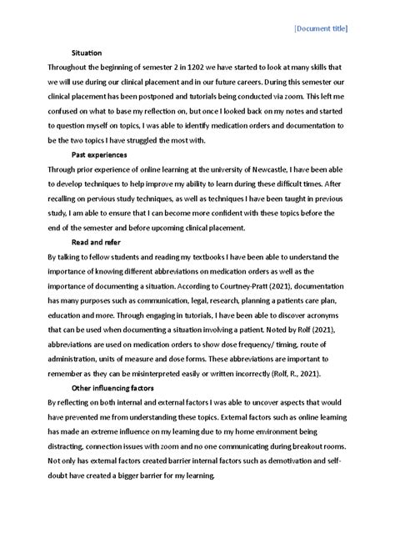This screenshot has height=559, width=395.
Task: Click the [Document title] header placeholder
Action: point(321,28)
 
